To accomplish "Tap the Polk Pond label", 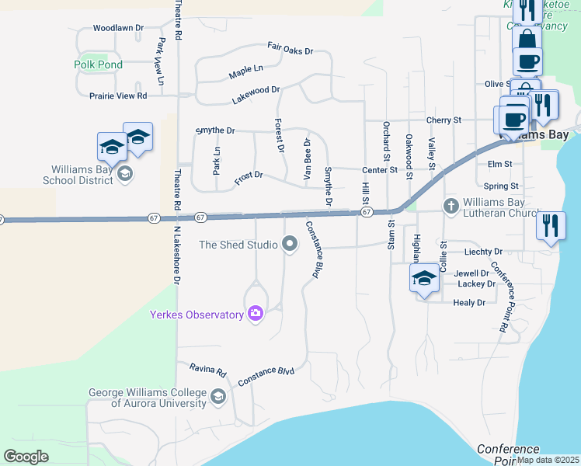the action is click(x=99, y=64).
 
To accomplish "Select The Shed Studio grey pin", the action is click(x=290, y=245).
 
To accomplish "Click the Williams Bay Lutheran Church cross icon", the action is click(x=450, y=206).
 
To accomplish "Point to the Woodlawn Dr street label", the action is click(x=119, y=28).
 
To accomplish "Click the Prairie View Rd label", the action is click(x=118, y=96).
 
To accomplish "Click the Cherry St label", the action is click(x=444, y=120).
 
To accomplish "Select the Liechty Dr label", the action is click(x=483, y=252).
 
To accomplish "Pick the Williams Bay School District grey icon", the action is click(x=124, y=174).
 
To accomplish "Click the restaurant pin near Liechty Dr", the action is click(x=550, y=226).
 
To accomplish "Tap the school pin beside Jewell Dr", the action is click(x=424, y=279).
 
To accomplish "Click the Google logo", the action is click(x=26, y=457).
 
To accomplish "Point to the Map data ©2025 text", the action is click(x=548, y=460).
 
